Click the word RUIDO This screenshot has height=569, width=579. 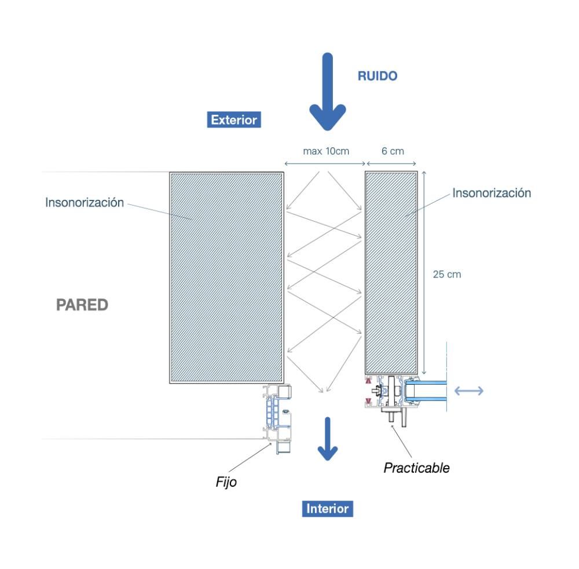378,76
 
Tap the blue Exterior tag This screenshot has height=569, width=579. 233,120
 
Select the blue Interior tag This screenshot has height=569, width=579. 327,509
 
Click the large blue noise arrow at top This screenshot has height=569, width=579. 327,93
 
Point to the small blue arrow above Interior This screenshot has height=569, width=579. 328,439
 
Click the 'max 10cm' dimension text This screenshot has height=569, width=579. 326,151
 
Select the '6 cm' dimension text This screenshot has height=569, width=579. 393,151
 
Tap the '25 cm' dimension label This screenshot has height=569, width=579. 447,274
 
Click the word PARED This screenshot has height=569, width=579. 82,305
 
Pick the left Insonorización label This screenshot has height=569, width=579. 85,202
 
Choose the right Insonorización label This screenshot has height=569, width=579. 492,193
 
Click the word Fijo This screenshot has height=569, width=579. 226,482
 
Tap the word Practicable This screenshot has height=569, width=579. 416,468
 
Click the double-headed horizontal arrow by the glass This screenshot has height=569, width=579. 468,391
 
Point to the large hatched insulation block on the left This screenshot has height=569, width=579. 226,277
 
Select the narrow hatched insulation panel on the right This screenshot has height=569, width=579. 391,272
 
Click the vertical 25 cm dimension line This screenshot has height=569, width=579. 425,272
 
